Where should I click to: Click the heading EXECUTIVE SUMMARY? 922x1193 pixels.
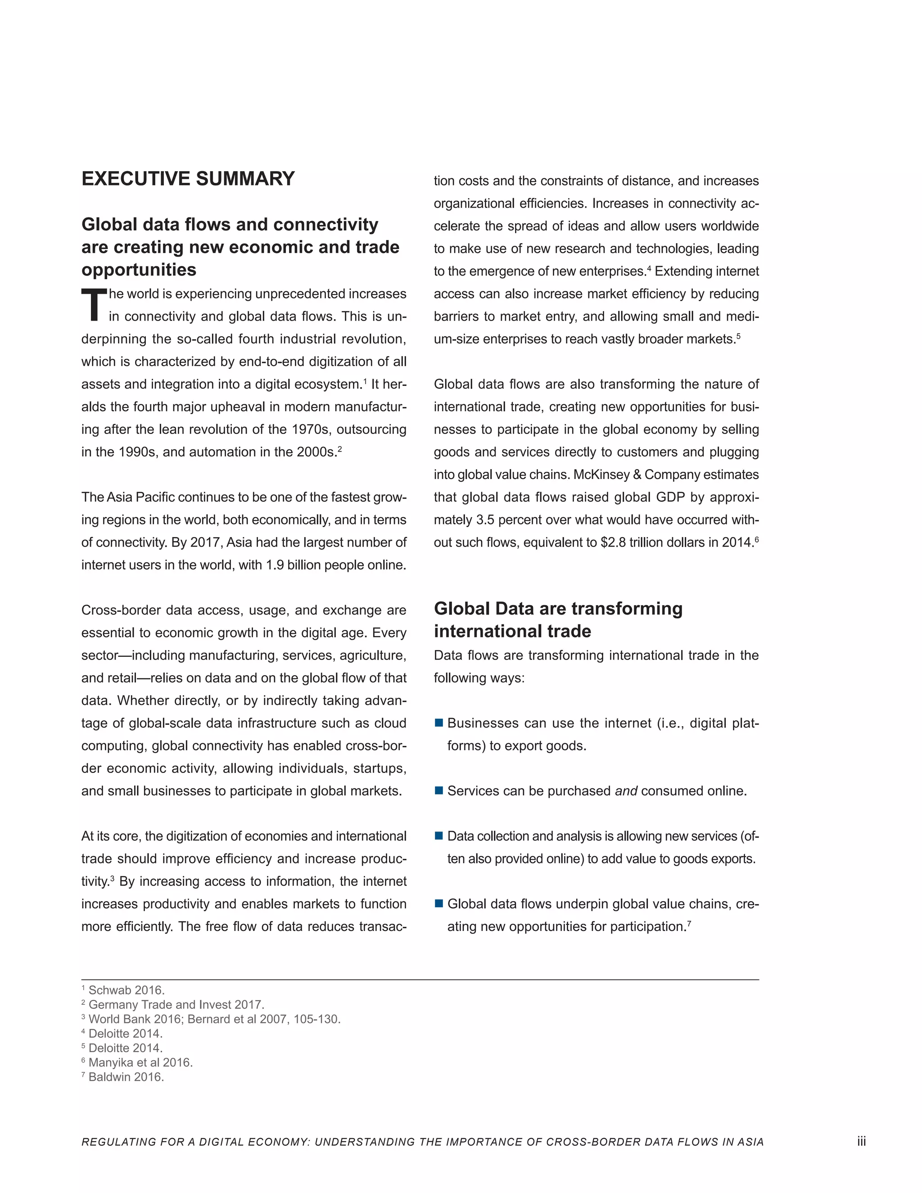188,179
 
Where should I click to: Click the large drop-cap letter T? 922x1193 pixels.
93,305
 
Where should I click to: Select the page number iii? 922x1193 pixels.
861,1141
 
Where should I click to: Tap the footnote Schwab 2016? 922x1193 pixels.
126,990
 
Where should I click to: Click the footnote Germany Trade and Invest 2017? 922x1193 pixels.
176,1004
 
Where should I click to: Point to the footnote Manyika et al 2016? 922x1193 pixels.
140,1062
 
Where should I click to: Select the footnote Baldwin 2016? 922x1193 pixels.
126,1077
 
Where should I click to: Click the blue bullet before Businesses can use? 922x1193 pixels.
438,723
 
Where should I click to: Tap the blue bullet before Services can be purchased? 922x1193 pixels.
438,791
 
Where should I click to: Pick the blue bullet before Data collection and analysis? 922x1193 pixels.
438,836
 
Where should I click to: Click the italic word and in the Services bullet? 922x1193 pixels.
626,791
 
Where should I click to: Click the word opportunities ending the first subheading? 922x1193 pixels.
139,269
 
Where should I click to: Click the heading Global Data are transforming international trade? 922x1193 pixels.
558,619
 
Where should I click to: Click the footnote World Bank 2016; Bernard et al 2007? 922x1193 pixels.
214,1019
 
